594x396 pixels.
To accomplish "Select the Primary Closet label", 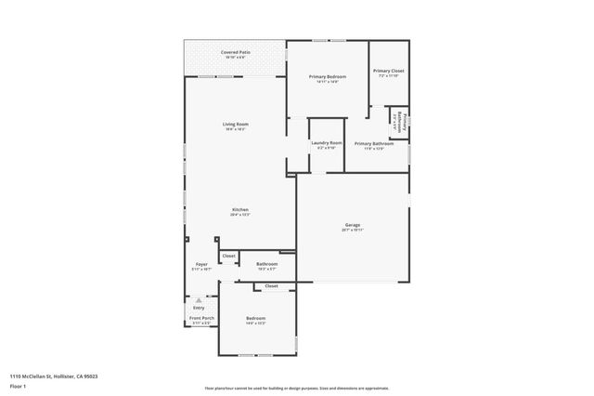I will coord(388,71).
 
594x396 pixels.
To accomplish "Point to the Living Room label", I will coord(235,125).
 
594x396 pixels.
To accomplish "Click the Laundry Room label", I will coord(327,143).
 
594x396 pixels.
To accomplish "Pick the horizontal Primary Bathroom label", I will coord(373,144).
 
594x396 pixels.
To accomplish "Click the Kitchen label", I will coord(239,210).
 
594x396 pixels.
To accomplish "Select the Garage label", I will coord(353,225).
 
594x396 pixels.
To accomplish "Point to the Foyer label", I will coord(201,265).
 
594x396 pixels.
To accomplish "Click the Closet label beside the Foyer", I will coord(228,256).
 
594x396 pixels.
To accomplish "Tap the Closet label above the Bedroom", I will coord(271,286).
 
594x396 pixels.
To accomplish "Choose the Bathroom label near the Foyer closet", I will coord(267,264).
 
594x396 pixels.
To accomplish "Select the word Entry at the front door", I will coord(199,308).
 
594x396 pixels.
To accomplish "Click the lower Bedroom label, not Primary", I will coord(256,320).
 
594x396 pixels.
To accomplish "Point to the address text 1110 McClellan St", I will coord(54,376).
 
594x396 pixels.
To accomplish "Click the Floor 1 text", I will coord(18,386).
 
